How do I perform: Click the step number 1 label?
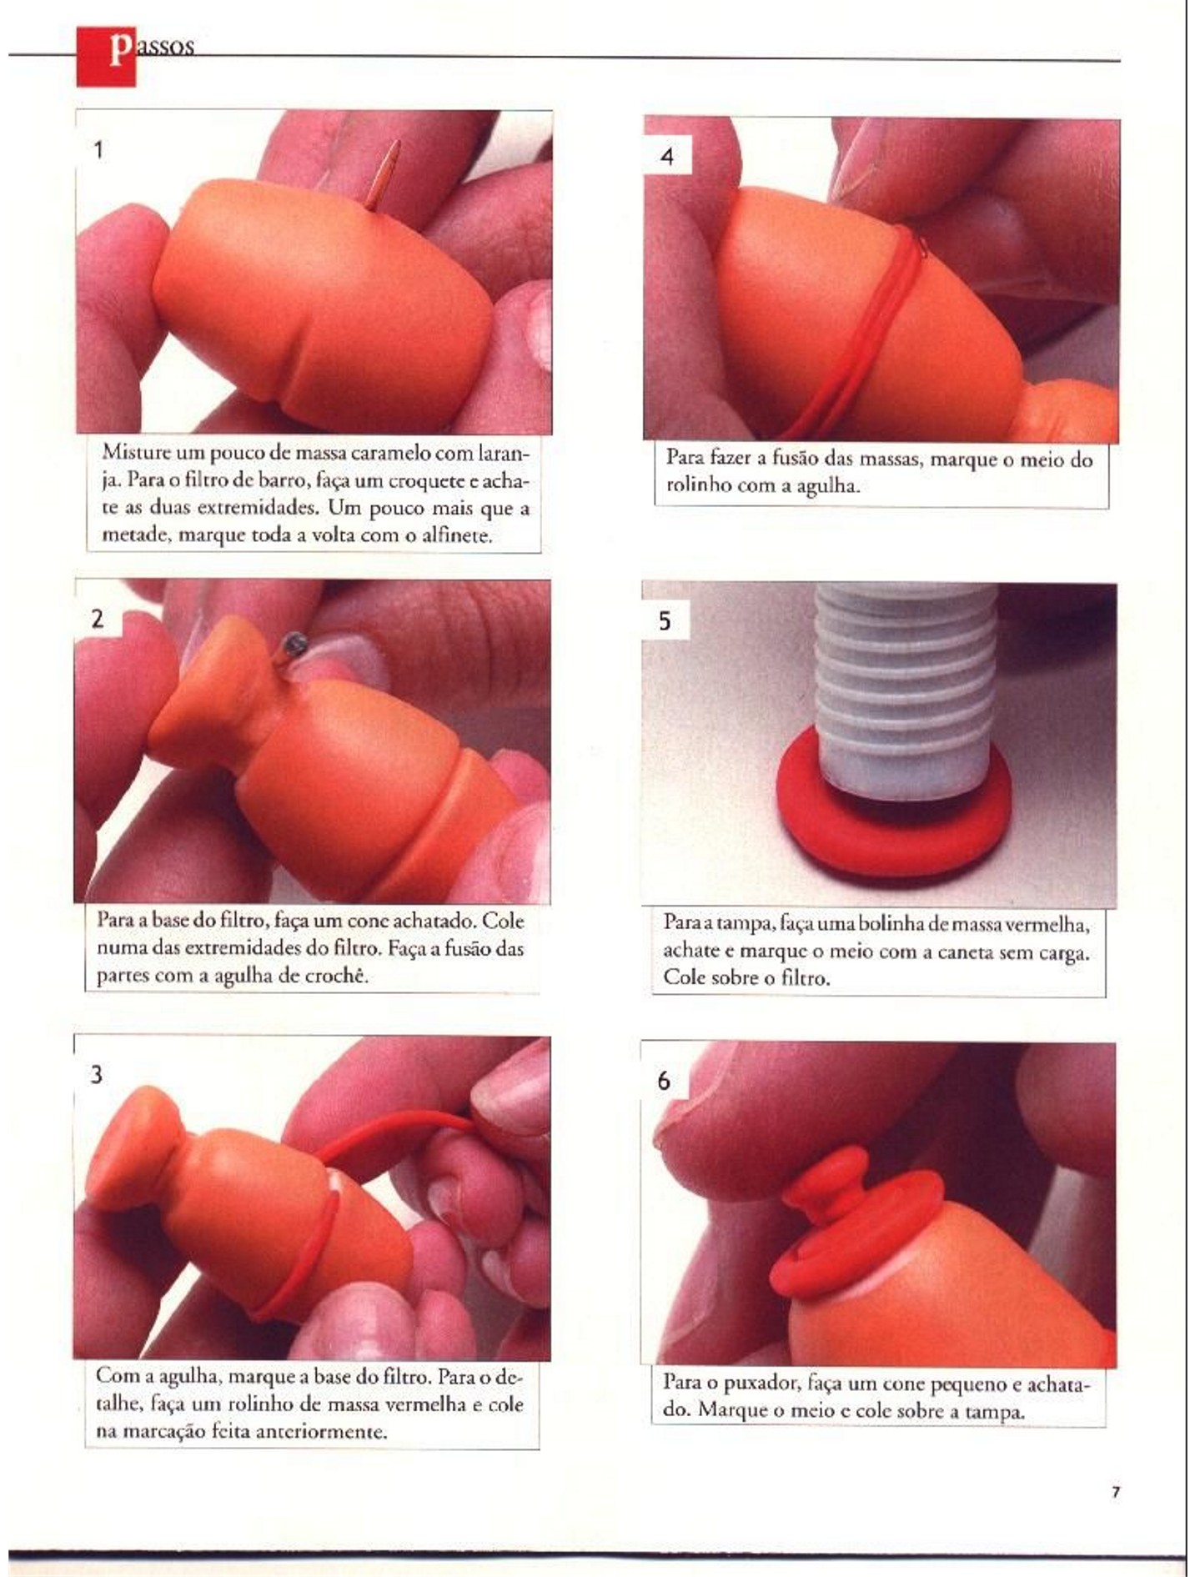[x=98, y=150]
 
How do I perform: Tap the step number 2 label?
[x=98, y=619]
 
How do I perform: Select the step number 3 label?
[x=97, y=1074]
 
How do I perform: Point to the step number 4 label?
[x=666, y=156]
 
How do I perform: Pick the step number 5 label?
[x=665, y=621]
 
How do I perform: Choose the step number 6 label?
[x=664, y=1081]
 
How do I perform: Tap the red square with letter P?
[x=106, y=56]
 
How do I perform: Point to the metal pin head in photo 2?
[x=294, y=642]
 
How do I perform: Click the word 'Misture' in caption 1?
[x=133, y=453]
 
